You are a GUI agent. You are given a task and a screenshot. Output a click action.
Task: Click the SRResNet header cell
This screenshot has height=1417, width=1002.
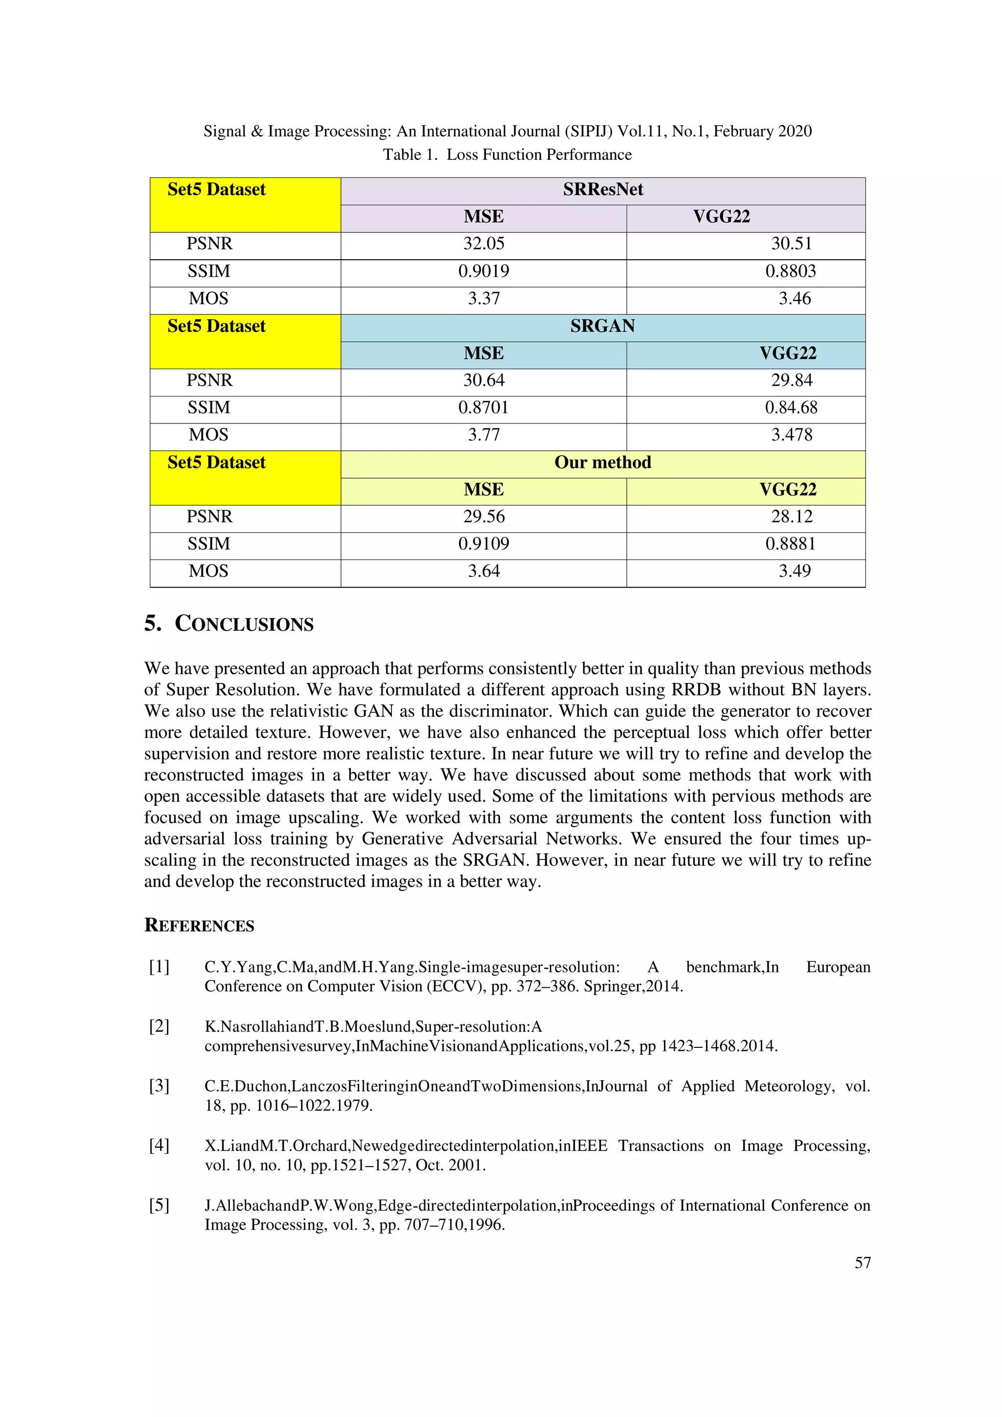click(603, 189)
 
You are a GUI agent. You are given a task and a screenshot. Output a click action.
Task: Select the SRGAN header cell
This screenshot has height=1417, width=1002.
click(603, 326)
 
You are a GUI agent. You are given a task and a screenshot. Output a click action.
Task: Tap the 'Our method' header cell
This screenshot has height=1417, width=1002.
click(603, 462)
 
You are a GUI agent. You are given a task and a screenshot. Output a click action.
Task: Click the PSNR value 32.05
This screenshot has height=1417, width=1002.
click(483, 244)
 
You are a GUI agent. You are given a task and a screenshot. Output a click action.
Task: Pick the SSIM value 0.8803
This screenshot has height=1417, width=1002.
click(790, 271)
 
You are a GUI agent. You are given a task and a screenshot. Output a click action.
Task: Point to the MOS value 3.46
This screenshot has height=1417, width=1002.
click(794, 299)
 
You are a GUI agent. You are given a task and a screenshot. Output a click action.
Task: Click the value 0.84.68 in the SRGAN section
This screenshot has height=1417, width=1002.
click(791, 408)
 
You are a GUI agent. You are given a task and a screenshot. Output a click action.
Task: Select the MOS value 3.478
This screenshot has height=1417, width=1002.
click(792, 435)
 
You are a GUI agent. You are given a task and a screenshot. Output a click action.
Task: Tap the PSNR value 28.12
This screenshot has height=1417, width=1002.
click(792, 516)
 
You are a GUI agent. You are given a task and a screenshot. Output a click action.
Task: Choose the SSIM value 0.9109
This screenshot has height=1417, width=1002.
click(483, 544)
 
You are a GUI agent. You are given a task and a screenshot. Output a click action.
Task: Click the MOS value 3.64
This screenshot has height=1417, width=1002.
click(483, 571)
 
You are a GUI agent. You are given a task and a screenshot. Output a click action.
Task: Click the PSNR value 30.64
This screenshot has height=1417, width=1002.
click(483, 380)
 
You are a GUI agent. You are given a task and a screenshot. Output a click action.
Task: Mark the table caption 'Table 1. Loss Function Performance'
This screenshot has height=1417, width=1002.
click(507, 155)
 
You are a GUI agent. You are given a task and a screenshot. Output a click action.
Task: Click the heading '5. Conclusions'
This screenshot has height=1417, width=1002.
click(228, 623)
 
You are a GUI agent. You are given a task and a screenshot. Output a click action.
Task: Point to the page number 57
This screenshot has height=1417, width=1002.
click(863, 1262)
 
